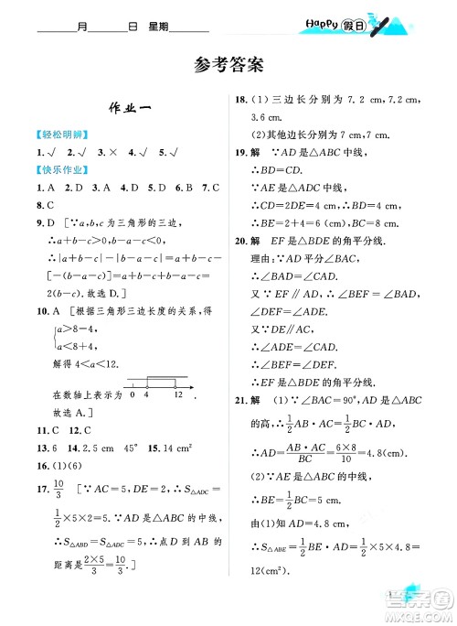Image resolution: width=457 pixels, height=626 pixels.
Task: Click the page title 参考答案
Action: point(228,65)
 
